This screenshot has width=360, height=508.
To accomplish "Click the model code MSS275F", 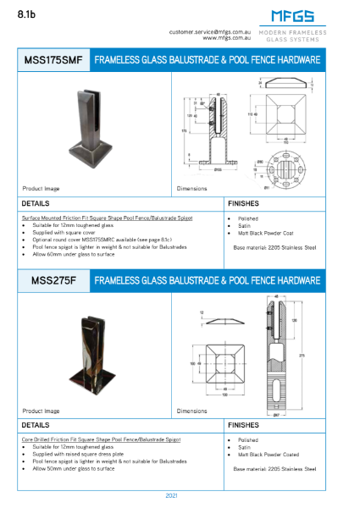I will pos(53,280).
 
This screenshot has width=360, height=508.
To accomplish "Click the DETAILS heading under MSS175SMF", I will pos(35,204).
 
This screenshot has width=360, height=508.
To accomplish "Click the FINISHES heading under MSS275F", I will pos(243,424).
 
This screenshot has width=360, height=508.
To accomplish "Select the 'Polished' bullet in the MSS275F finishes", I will pos(246,440).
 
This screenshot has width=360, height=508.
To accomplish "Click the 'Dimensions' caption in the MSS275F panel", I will pos(192,411).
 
